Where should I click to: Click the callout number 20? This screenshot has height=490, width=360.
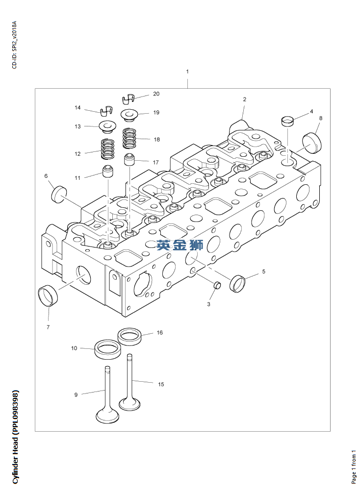[x=156, y=94]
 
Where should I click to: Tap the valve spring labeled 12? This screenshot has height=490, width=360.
[x=107, y=149]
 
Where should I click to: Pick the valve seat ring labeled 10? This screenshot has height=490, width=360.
[x=107, y=350]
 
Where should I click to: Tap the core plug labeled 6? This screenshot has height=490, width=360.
[x=59, y=194]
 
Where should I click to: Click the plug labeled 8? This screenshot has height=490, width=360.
[x=312, y=143]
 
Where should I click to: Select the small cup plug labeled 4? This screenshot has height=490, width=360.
[x=287, y=121]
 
